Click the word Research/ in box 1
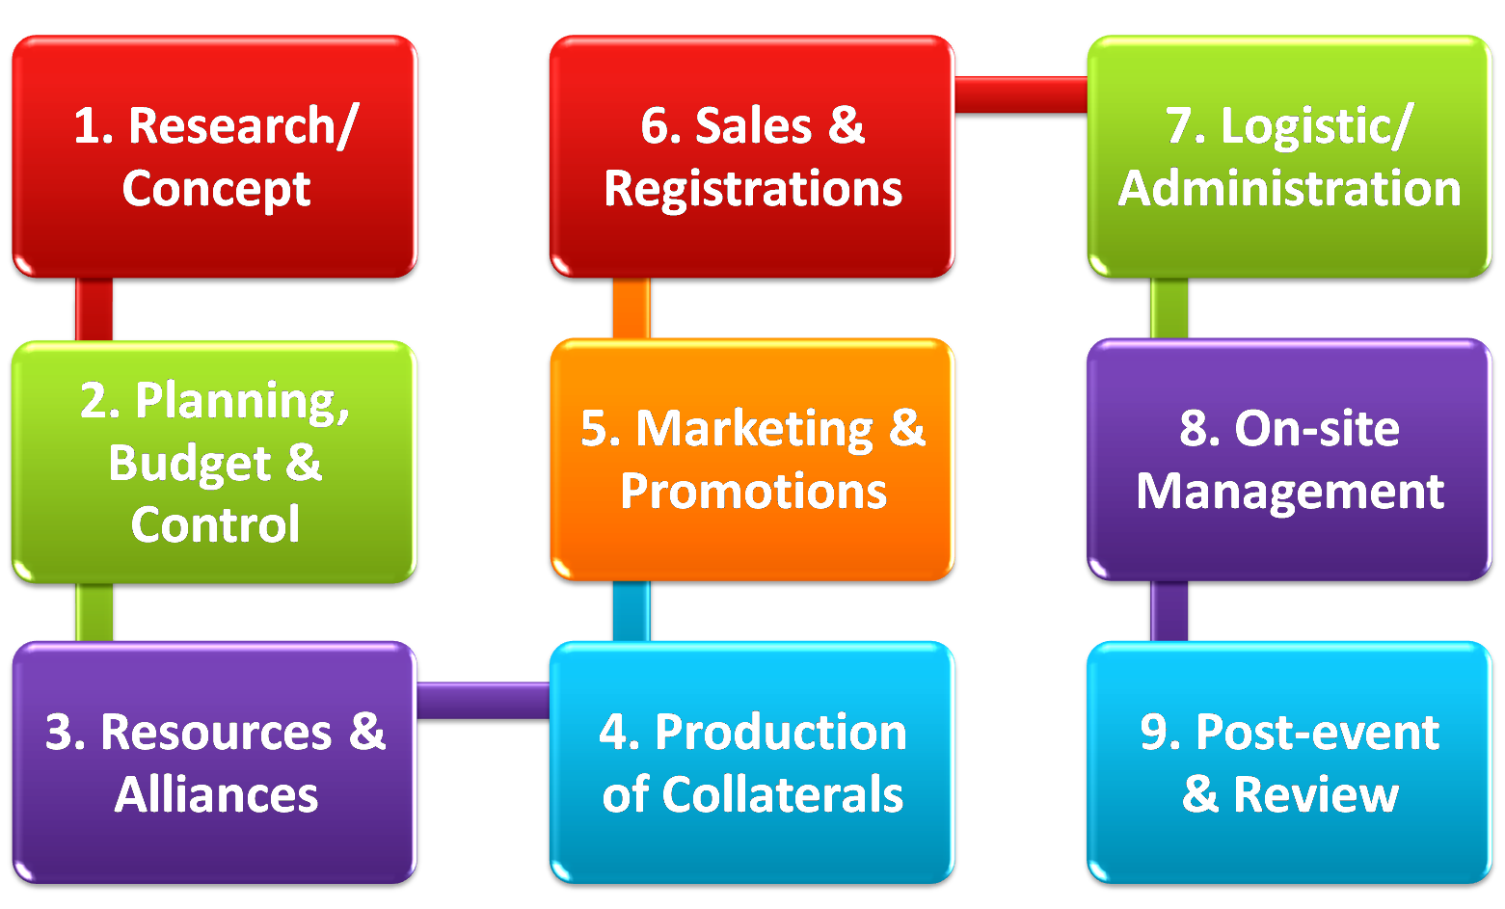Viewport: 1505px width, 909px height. click(243, 126)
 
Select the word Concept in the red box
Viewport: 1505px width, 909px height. click(216, 189)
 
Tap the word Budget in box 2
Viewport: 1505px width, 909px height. click(189, 464)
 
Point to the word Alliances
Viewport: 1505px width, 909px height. click(216, 795)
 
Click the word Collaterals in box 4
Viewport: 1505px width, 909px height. click(782, 795)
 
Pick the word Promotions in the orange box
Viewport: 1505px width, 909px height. click(753, 492)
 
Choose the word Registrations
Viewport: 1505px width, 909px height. click(753, 189)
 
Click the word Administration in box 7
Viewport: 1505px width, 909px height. click(1289, 189)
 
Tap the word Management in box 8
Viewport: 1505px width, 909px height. click(1289, 492)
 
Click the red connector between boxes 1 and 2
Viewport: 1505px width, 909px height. click(94, 309)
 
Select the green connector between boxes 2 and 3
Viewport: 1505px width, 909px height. click(94, 612)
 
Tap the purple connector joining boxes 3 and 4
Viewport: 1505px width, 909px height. click(483, 700)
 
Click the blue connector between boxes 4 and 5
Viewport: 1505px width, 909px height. click(632, 611)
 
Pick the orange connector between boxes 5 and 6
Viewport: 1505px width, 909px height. click(632, 308)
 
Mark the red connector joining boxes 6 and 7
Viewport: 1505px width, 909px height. click(1021, 94)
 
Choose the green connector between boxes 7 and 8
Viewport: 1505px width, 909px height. click(1169, 308)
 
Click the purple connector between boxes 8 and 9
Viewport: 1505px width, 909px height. click(1169, 611)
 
